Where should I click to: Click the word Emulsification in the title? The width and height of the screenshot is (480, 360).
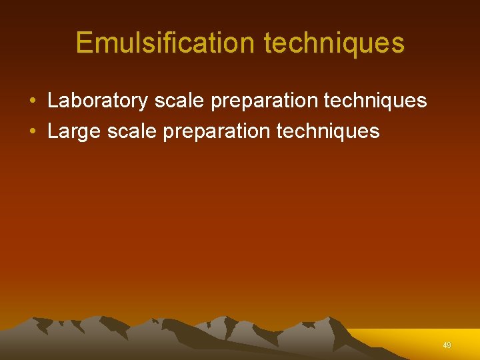pos(166,43)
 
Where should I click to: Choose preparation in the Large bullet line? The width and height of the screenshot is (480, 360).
pos(216,131)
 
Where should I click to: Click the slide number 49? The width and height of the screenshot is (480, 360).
pos(447,345)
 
